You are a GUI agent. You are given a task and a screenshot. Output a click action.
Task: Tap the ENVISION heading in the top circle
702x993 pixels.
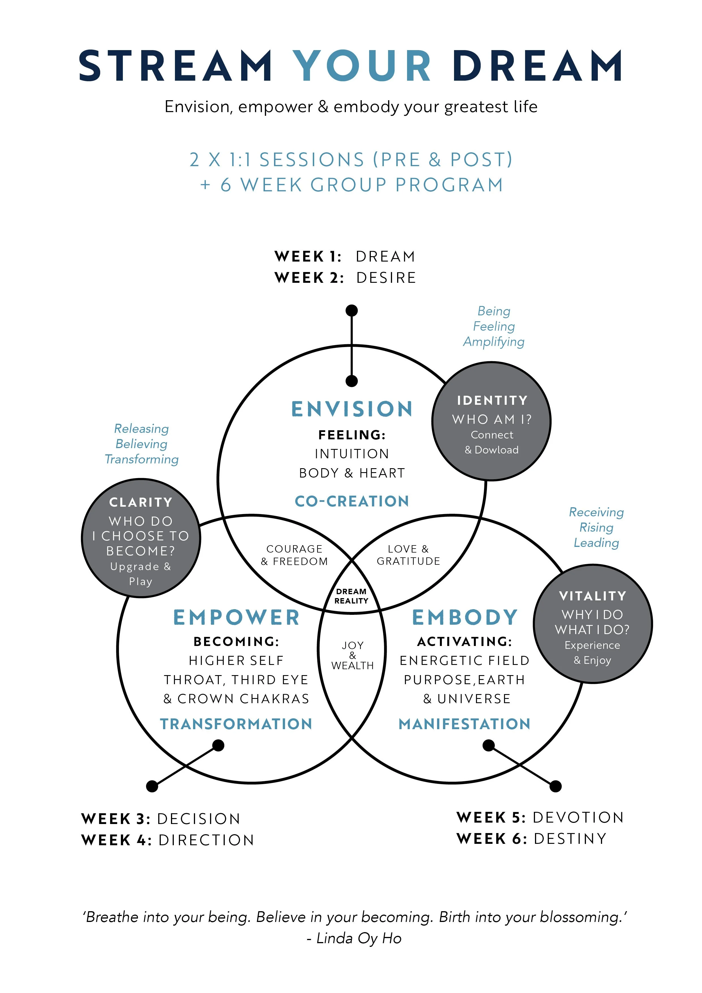tap(352, 409)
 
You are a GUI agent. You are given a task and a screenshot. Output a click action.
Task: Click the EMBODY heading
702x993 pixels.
tap(465, 618)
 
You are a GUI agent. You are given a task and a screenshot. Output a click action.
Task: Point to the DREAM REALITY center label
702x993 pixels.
tap(351, 596)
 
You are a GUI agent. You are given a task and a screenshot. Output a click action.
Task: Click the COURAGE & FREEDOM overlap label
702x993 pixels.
tap(295, 555)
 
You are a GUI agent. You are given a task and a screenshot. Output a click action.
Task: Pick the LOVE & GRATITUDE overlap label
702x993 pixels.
tap(408, 555)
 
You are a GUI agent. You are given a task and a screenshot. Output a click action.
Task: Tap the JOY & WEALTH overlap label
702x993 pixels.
tap(352, 656)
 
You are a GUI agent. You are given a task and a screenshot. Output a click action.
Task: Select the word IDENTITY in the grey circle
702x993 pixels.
tap(492, 401)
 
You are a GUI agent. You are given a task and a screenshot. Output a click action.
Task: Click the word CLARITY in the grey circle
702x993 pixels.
tap(141, 502)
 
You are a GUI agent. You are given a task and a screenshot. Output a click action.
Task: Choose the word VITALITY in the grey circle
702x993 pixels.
tap(592, 596)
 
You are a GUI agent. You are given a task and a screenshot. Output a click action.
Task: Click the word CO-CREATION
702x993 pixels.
tap(352, 501)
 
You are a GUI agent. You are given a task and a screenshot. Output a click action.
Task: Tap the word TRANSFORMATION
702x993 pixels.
tap(236, 724)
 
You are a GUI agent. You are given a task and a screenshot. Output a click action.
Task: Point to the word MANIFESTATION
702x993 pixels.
tap(465, 724)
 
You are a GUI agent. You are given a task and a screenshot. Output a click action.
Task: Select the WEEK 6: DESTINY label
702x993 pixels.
tap(532, 839)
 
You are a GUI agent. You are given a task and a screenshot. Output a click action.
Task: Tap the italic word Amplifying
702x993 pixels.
tap(494, 342)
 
